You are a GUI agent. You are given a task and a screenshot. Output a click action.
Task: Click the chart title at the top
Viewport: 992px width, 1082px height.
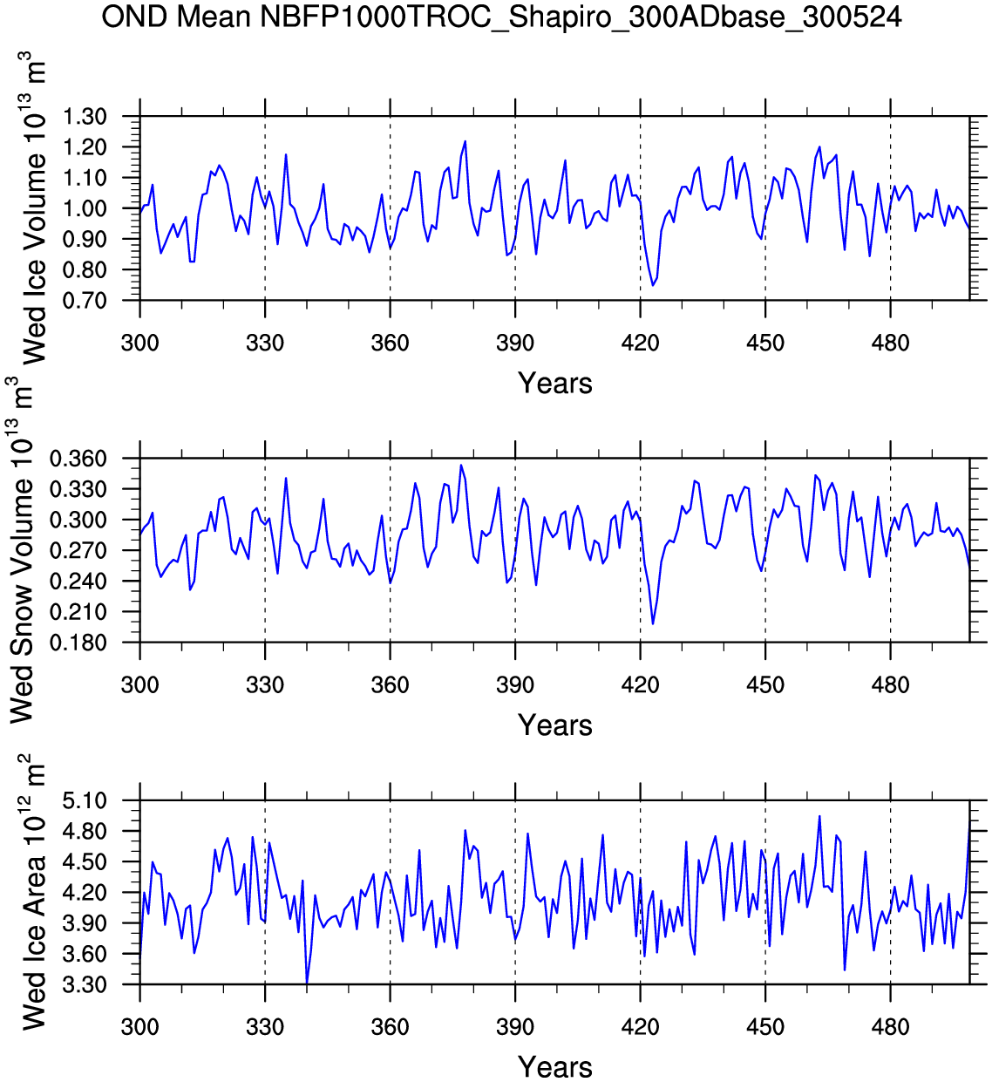(x=501, y=16)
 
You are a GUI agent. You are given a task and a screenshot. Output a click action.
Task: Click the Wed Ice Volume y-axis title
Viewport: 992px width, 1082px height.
(x=33, y=209)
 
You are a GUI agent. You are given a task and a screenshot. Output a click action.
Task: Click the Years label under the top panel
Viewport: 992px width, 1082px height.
(x=554, y=383)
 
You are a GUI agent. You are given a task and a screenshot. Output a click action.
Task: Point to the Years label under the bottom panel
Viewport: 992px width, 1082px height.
(x=554, y=1066)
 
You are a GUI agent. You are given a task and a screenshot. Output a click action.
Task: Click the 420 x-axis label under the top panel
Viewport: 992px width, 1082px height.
(x=640, y=343)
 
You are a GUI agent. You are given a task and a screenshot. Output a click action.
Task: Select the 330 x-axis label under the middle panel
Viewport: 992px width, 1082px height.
(x=265, y=684)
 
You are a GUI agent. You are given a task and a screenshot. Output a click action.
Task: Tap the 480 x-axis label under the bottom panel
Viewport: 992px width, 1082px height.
(x=890, y=1026)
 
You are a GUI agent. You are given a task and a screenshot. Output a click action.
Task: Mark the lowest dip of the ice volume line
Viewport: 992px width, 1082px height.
(x=652, y=285)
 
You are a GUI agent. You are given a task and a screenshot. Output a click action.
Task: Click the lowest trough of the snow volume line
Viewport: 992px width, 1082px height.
(x=653, y=623)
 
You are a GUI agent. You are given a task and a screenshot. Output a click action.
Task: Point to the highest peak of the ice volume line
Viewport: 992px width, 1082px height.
(x=465, y=140)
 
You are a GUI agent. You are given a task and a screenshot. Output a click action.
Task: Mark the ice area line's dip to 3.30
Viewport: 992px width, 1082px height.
(x=307, y=983)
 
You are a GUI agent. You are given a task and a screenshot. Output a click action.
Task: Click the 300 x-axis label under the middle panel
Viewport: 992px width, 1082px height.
(x=139, y=684)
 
